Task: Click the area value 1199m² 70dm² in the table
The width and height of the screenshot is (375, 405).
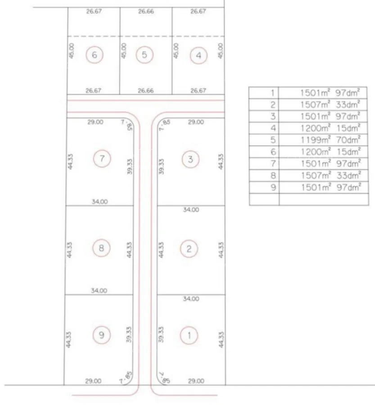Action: click(x=330, y=140)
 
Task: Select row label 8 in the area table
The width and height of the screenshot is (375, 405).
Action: click(x=273, y=175)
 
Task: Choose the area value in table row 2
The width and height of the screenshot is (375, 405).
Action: click(x=330, y=104)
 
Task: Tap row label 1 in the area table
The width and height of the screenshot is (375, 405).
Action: click(x=273, y=93)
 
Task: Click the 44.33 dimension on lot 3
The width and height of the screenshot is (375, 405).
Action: click(x=221, y=162)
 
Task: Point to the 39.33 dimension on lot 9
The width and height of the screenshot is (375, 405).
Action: click(x=129, y=334)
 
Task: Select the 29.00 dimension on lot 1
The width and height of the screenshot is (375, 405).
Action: click(x=196, y=381)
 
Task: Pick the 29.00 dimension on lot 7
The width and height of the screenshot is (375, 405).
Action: click(x=95, y=122)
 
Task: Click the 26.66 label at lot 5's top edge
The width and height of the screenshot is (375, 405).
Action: click(x=146, y=11)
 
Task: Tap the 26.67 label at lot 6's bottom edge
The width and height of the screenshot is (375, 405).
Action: click(x=93, y=90)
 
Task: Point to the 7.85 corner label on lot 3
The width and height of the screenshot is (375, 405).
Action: click(x=164, y=125)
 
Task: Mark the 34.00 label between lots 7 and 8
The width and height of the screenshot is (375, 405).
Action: click(x=100, y=202)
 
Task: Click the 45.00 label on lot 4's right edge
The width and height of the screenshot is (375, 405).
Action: click(x=220, y=50)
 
